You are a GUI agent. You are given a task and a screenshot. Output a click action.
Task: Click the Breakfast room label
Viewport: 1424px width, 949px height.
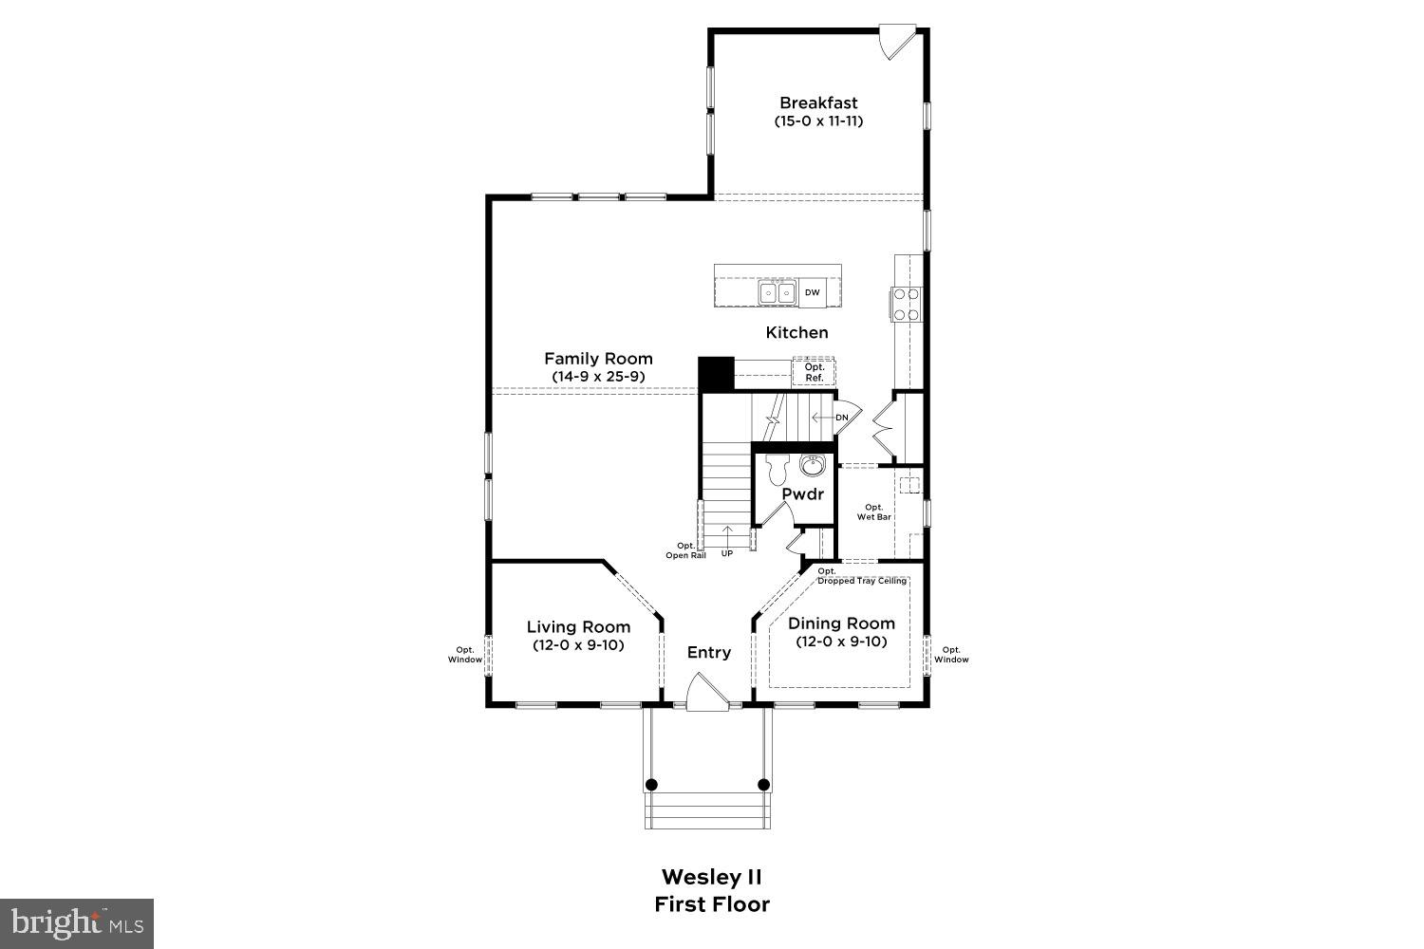[x=818, y=102]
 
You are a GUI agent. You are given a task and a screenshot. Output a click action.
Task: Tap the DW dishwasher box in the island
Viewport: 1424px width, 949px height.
[x=812, y=292]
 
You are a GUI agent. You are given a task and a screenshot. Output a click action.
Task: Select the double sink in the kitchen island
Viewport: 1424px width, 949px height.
[x=777, y=292]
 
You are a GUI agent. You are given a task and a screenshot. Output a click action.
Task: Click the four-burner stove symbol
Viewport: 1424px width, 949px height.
[x=906, y=304]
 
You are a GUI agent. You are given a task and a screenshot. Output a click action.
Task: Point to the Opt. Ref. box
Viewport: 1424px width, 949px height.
[x=814, y=372]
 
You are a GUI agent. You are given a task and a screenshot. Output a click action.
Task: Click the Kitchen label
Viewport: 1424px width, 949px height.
[x=796, y=332]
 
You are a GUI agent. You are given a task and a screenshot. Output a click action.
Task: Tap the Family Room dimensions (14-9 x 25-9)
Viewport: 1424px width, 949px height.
[x=598, y=377]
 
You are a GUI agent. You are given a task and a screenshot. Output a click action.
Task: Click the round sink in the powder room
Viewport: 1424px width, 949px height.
[x=812, y=466]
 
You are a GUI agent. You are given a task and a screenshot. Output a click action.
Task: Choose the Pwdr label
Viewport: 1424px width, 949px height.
[x=803, y=493]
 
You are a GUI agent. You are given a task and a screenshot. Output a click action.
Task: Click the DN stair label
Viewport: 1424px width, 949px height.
[x=841, y=418]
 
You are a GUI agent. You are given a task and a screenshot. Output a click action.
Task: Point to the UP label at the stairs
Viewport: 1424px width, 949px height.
[x=727, y=553]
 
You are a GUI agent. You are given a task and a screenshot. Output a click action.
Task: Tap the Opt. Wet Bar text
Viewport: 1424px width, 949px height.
[x=873, y=512]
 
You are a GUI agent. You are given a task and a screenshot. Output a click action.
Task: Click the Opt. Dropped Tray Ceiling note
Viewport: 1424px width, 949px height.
[x=861, y=576]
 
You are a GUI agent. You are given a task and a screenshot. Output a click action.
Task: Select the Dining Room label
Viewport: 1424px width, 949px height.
[x=841, y=623]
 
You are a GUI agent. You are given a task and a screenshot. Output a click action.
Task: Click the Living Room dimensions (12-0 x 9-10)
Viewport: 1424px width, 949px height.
[x=578, y=644]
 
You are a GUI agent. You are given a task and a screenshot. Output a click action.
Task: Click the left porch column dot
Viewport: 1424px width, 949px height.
[x=651, y=785]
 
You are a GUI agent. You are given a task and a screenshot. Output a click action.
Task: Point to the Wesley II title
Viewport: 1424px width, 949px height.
[x=711, y=876]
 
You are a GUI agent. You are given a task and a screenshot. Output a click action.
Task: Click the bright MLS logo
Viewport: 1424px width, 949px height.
[x=76, y=922]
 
